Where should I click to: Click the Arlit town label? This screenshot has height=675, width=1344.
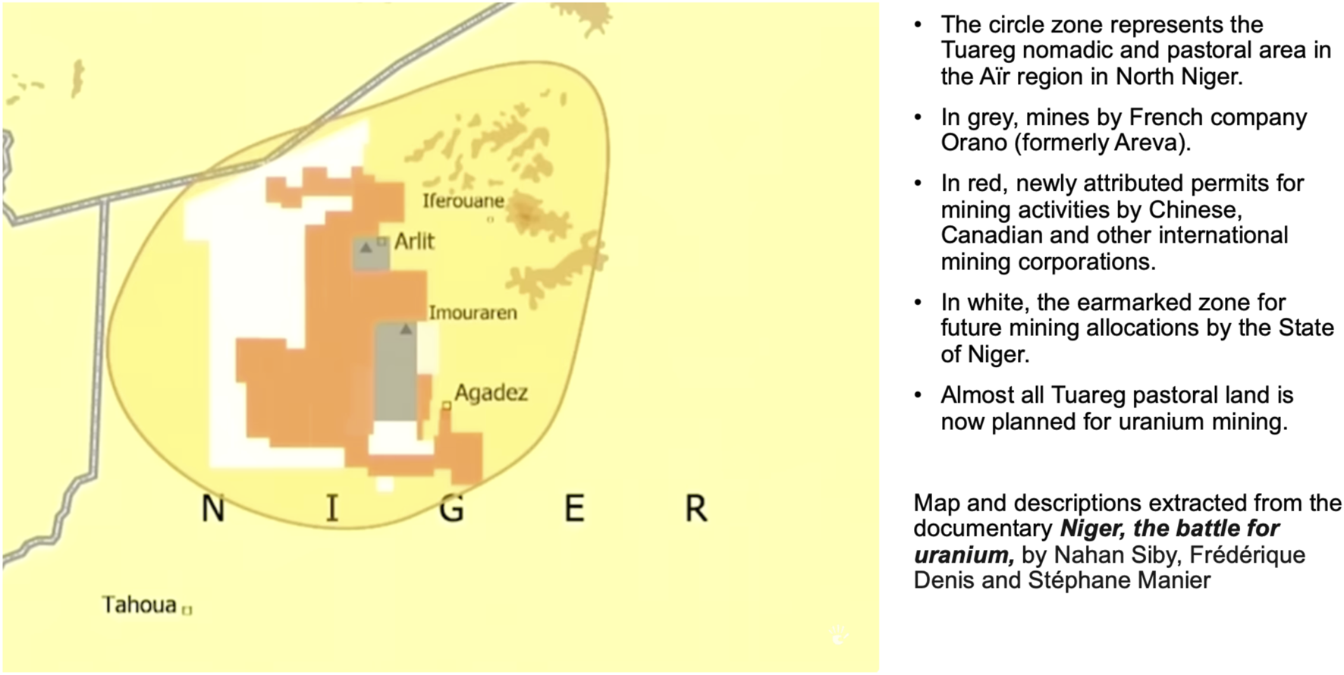414,241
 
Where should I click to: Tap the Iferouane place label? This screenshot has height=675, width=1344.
463,201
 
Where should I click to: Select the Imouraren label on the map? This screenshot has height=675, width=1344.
473,312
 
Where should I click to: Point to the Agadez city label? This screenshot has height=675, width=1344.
491,393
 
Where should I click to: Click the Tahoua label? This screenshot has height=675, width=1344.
140,604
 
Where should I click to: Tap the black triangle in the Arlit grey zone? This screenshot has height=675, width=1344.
366,247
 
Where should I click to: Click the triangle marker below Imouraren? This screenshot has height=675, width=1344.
406,329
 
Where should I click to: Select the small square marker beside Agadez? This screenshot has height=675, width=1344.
447,406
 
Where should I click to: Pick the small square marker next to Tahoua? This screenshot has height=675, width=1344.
187,609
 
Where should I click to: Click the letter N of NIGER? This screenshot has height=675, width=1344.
213,508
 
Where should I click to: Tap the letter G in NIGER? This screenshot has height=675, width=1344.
452,508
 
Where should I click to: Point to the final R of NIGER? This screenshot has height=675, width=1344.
696,508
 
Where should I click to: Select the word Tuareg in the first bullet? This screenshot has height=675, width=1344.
978,50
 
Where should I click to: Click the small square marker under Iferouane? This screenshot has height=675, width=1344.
490,219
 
